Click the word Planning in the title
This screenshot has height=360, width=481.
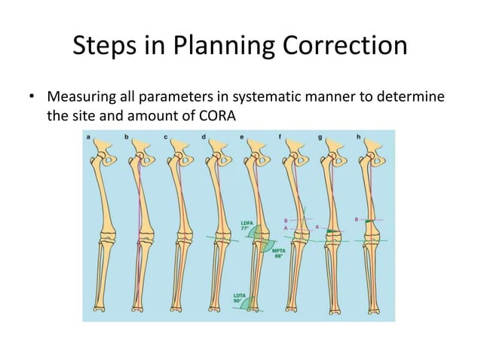[x=218, y=48]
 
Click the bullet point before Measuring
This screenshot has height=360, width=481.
[x=32, y=99]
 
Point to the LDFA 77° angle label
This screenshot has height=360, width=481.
[x=247, y=224]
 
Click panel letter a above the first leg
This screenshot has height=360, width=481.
[x=89, y=136]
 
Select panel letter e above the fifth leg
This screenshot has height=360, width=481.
[x=241, y=136]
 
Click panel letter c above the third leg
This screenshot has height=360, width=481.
[x=165, y=136]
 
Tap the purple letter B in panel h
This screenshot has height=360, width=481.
[x=355, y=218]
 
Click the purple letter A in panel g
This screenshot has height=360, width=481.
[x=317, y=226]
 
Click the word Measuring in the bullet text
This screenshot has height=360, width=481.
[x=79, y=99]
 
